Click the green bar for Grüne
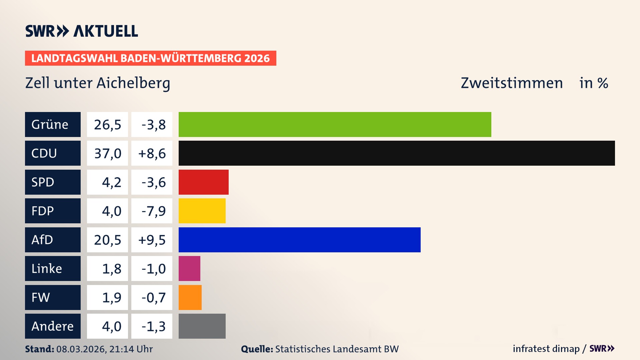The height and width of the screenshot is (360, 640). (x=335, y=124)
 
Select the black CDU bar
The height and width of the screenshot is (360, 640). (x=397, y=153)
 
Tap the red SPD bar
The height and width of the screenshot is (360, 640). (x=203, y=182)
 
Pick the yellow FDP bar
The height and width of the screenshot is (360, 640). (x=202, y=211)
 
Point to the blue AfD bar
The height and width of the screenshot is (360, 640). (x=299, y=240)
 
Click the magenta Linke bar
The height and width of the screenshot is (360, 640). (x=189, y=268)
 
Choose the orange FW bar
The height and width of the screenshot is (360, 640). (x=190, y=297)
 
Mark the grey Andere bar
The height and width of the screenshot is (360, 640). (x=202, y=326)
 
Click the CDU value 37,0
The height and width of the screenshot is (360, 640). (x=107, y=153)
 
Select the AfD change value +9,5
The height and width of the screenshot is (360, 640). (x=152, y=240)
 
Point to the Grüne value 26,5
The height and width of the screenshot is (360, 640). (x=107, y=124)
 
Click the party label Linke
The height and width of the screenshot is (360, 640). (x=47, y=268)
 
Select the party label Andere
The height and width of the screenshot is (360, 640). (x=52, y=326)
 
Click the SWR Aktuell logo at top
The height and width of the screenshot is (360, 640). (x=81, y=31)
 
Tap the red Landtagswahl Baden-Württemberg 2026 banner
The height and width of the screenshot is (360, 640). (x=150, y=58)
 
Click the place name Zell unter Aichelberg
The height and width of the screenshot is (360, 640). (x=98, y=83)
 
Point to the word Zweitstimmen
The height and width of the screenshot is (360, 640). (x=512, y=83)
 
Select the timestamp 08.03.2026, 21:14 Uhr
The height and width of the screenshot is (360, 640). (x=104, y=349)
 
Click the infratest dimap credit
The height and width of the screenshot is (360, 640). (x=546, y=349)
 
